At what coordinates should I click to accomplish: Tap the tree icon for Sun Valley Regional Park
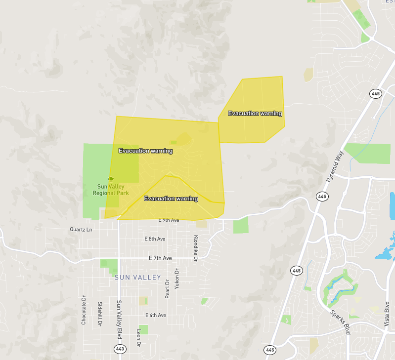coord(111,179)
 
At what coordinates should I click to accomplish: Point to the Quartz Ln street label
coord(81,230)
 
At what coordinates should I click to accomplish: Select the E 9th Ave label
coord(169,220)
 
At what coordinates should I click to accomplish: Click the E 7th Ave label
coord(160,258)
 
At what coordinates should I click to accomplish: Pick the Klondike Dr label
coord(196,248)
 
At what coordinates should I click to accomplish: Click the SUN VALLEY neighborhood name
coord(138,278)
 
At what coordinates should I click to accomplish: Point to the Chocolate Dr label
coord(84,310)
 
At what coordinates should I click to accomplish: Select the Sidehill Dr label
coord(100,314)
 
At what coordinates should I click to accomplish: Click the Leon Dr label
coord(139,338)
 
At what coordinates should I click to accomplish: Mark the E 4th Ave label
coord(156,315)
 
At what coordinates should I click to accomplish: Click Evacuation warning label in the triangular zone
coord(171,199)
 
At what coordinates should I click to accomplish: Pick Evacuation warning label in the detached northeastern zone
coord(255,113)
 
